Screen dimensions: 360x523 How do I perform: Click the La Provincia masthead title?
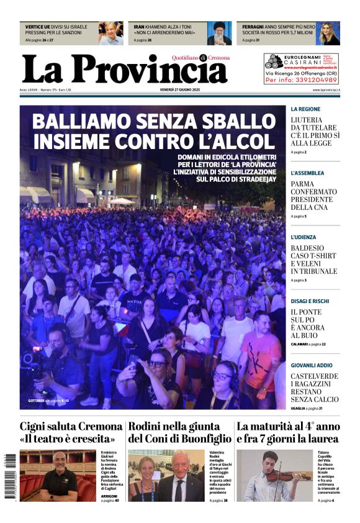point(124,69)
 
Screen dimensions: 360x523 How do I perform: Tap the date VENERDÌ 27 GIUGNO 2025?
point(180,90)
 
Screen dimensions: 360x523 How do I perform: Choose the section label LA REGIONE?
point(305,109)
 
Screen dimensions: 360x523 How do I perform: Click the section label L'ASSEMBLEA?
point(307,173)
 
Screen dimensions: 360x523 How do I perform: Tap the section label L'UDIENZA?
point(304,237)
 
